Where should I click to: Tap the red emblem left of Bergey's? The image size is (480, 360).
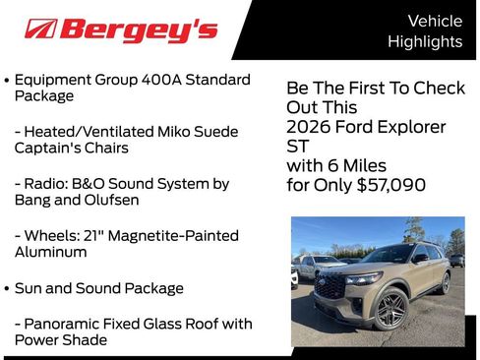click(x=40, y=29)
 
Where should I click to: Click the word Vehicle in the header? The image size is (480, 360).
click(x=435, y=21)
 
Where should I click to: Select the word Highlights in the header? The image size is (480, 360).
click(x=425, y=41)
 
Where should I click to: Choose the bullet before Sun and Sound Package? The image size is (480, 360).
click(x=8, y=288)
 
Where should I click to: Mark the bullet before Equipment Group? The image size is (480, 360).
click(x=8, y=79)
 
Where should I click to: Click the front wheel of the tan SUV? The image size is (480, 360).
click(x=390, y=308)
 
